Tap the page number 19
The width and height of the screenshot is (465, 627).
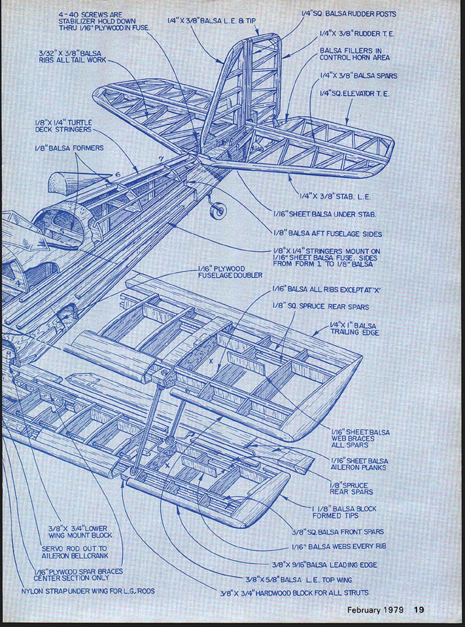[x=419, y=610]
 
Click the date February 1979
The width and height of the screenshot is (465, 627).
[x=375, y=610]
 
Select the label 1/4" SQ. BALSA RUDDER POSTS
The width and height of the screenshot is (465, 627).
[x=348, y=14]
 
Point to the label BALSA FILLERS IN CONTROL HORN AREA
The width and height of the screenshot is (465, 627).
[x=355, y=54]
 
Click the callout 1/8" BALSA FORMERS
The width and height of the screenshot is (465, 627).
[x=69, y=148]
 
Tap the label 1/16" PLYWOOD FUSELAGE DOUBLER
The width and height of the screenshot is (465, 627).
[x=230, y=272]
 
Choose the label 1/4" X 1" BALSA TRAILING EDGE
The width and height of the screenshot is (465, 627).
[x=355, y=329]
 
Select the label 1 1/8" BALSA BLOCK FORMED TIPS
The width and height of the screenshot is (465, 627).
[x=344, y=512]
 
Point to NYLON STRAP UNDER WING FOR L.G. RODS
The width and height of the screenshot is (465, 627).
[x=88, y=591]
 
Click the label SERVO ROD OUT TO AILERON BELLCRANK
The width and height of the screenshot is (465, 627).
[x=75, y=552]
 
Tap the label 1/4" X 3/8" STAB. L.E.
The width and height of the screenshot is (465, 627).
[x=335, y=196]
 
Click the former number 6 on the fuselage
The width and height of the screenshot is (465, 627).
[x=117, y=175]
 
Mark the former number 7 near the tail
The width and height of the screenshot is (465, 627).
[x=161, y=158]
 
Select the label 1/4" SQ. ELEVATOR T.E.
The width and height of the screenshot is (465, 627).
[x=354, y=94]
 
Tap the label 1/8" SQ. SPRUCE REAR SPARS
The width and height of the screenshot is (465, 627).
[x=321, y=307]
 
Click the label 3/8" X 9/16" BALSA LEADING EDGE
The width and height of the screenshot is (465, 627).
[x=324, y=565]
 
